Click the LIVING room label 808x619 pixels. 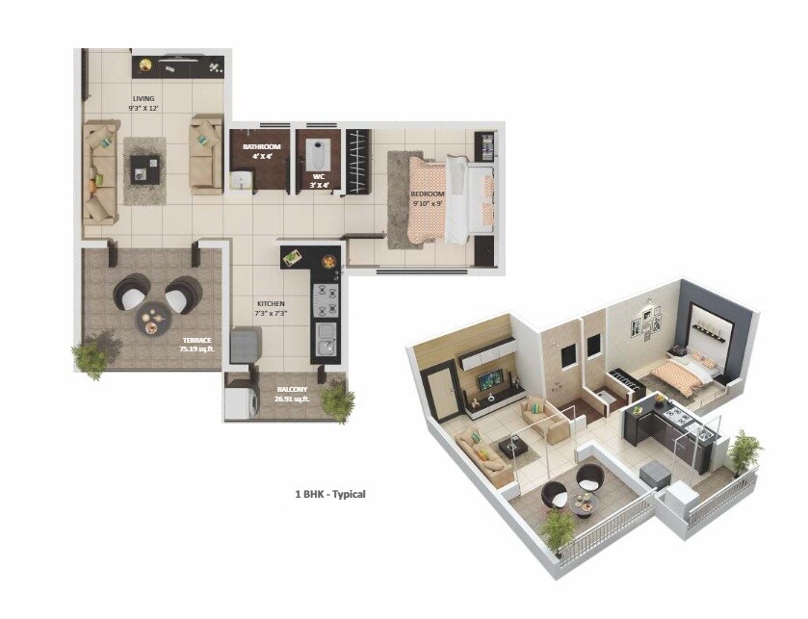click(143, 103)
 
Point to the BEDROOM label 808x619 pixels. click(427, 198)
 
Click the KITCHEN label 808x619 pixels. click(271, 308)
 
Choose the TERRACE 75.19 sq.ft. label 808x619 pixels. click(195, 345)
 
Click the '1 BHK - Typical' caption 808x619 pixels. click(330, 494)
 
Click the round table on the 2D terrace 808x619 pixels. click(154, 321)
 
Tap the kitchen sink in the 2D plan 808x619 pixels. click(326, 339)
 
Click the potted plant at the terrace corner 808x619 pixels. click(93, 353)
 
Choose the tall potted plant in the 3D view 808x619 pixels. click(744, 452)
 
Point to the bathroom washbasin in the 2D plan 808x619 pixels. click(242, 180)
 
